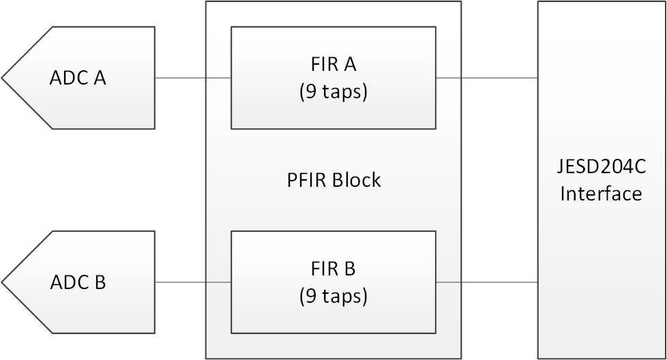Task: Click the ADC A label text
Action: [78, 78]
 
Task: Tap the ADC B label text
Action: [78, 282]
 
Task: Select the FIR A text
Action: [333, 64]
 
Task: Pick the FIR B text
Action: [333, 269]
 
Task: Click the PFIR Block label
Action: [333, 180]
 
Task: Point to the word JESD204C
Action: [601, 167]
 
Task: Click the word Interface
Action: [601, 194]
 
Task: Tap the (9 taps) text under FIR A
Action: [333, 91]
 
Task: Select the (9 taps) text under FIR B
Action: [333, 296]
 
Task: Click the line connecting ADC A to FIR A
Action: [193, 78]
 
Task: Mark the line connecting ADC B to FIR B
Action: [193, 282]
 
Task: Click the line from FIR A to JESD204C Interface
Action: [486, 78]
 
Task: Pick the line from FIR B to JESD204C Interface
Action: [486, 282]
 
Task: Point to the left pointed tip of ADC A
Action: [3, 78]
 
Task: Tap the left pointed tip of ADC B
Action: [3, 282]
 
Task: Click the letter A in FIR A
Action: [350, 64]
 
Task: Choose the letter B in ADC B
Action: [100, 282]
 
